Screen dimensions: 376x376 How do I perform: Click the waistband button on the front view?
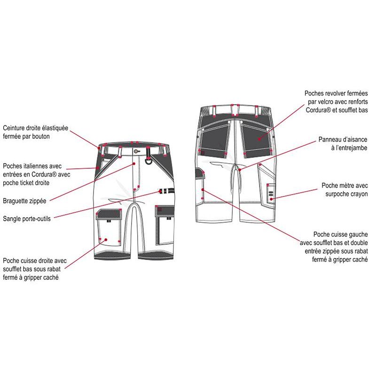point(136,151)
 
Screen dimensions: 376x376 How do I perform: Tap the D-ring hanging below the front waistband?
point(149,160)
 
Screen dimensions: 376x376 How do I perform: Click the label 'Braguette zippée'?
point(24,201)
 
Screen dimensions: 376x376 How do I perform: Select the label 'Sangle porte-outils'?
point(27,219)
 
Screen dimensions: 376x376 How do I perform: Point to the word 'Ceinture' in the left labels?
point(14,128)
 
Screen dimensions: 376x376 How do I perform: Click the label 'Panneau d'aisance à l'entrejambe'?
point(343,143)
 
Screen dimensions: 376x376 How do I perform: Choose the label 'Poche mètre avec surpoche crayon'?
point(345,189)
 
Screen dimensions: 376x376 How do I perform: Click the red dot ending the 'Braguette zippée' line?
point(134,164)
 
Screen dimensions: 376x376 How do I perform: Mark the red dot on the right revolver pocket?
point(259,139)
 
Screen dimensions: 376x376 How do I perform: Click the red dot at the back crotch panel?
point(240,170)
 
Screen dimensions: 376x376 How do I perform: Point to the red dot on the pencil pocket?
point(271,199)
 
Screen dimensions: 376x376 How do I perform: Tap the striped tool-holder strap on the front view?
point(166,191)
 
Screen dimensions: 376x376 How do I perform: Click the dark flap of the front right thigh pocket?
point(109,214)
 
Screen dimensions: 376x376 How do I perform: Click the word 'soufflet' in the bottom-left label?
point(13,269)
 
